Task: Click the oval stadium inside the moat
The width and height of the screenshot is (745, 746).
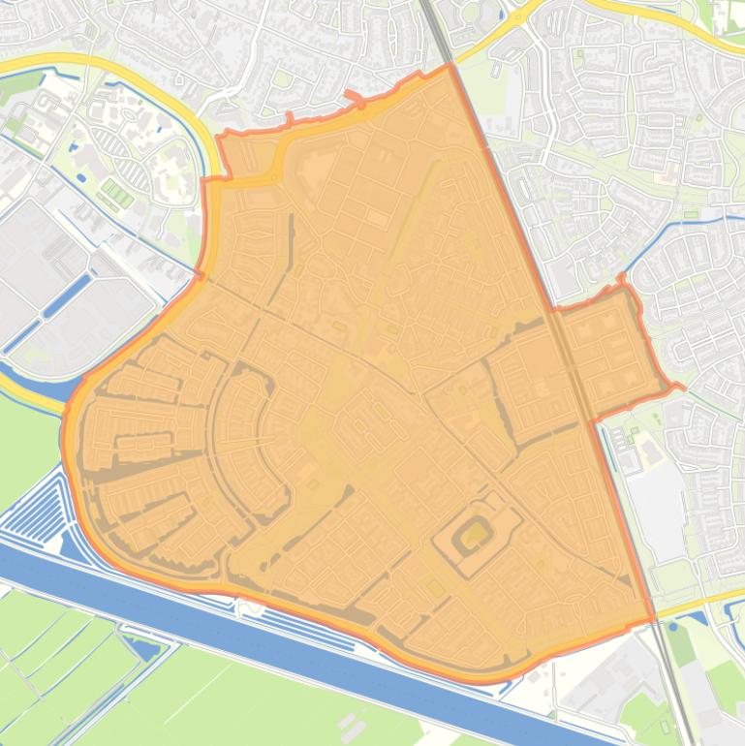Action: coord(475,533)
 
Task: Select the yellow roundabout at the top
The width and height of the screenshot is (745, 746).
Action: coord(510,14)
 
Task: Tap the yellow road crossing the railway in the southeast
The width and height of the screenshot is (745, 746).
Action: coord(693,606)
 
